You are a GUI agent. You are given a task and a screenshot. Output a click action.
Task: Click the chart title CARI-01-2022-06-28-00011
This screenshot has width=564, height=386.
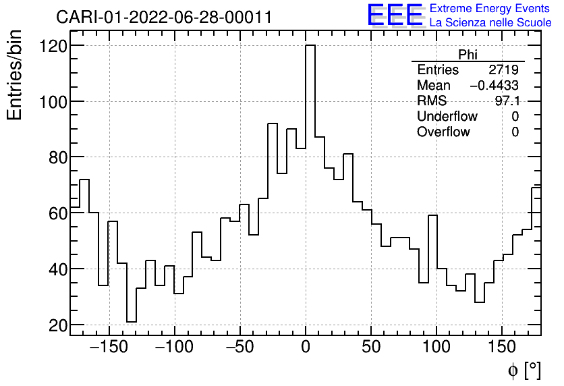click(x=164, y=17)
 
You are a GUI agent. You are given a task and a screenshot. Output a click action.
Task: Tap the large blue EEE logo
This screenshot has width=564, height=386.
click(x=394, y=16)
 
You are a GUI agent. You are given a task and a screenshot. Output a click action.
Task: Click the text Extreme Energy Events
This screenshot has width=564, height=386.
click(x=490, y=9)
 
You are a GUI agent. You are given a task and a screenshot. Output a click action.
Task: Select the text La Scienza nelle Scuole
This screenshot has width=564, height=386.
click(x=490, y=22)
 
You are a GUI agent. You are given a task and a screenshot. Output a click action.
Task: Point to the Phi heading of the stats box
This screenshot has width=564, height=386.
click(x=468, y=55)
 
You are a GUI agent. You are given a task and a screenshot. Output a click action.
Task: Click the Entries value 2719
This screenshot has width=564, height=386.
click(x=503, y=70)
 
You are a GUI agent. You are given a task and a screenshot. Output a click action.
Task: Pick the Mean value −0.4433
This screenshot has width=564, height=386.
click(x=494, y=86)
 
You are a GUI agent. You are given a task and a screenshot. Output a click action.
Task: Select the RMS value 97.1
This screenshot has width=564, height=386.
click(x=507, y=101)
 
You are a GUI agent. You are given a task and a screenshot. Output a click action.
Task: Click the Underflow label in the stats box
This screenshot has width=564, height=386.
click(x=447, y=117)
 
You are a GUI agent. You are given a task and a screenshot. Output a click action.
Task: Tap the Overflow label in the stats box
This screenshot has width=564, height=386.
click(x=443, y=132)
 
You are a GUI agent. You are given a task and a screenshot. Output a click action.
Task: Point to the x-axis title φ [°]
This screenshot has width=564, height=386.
click(x=524, y=370)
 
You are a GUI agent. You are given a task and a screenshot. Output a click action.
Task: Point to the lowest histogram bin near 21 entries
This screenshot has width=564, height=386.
click(x=132, y=322)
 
